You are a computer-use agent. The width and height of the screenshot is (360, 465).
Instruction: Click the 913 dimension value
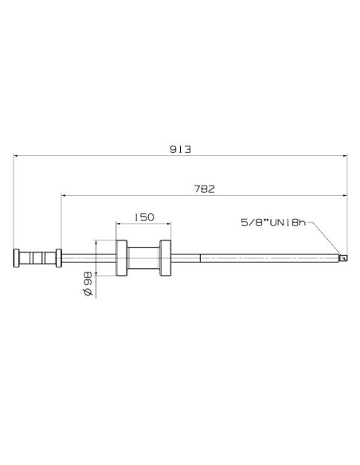(x=180, y=149)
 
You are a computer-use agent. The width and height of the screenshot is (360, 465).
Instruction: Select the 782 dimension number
(x=205, y=189)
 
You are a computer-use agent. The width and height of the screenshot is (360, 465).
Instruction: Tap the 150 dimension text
(x=144, y=217)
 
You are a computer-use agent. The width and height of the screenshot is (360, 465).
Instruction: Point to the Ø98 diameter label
(x=87, y=285)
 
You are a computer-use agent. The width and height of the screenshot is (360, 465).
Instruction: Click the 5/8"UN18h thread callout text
(x=273, y=222)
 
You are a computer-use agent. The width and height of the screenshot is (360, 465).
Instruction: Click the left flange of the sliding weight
(x=122, y=258)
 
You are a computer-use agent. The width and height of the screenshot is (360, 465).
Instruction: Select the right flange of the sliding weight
(x=165, y=258)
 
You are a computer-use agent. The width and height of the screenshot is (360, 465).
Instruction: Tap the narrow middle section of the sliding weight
(x=143, y=258)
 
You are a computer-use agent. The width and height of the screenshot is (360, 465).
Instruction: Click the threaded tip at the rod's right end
(x=343, y=258)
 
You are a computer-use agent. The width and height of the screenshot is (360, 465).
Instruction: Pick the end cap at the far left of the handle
(x=16, y=258)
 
